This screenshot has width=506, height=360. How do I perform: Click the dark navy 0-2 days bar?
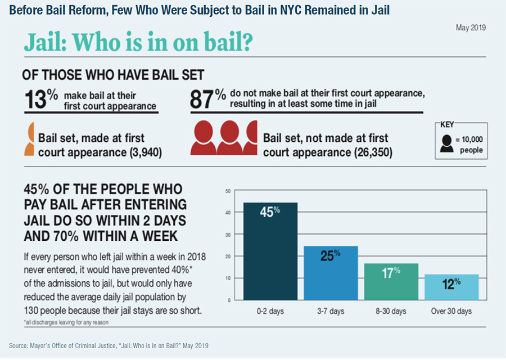point(270,251)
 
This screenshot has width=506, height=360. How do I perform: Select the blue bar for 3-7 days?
point(331,273)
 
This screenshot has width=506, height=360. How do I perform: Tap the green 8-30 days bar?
point(391,281)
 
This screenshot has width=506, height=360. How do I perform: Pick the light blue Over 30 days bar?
point(451,287)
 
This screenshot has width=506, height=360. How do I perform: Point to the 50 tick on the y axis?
point(228,191)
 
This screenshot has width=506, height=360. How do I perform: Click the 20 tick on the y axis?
point(228,256)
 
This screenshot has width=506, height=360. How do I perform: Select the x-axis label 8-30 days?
point(391,311)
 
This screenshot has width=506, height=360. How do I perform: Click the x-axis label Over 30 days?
point(451,311)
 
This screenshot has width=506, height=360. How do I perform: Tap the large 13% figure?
point(40,99)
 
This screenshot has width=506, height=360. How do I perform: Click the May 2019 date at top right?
point(472,27)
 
